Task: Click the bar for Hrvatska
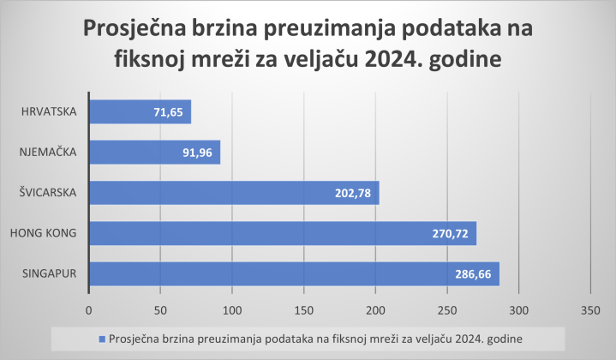pyautogui.click(x=129, y=112)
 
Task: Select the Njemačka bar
pyautogui.click(x=146, y=153)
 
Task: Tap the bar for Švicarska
pyautogui.click(x=214, y=193)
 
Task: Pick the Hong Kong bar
pyautogui.click(x=257, y=233)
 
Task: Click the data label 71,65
pyautogui.click(x=169, y=112)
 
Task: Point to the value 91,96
pyautogui.click(x=199, y=153)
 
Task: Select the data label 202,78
pyautogui.click(x=354, y=193)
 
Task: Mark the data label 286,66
pyautogui.click(x=475, y=273)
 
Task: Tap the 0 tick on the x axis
pyautogui.click(x=89, y=309)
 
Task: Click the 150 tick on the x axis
pyautogui.click(x=303, y=309)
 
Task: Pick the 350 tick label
pyautogui.click(x=589, y=309)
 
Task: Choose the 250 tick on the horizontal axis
pyautogui.click(x=446, y=309)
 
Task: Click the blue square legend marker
pyautogui.click(x=102, y=339)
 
